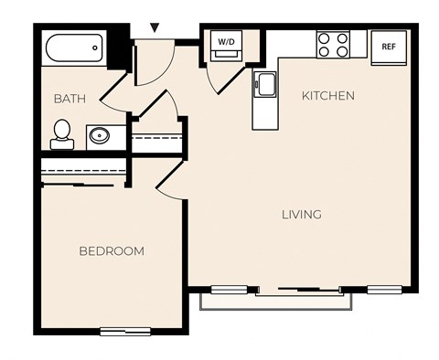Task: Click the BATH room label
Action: click(x=70, y=98)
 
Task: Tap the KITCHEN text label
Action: click(x=328, y=96)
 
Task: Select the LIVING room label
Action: click(x=301, y=215)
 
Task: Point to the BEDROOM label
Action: click(x=111, y=251)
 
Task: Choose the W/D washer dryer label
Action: click(x=226, y=40)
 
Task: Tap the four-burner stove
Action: click(x=333, y=45)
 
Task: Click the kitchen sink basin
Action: click(x=265, y=86)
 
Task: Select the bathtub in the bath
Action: click(x=74, y=49)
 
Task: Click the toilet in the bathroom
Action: click(x=63, y=134)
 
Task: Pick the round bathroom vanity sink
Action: click(x=99, y=137)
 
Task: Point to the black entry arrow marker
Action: click(x=155, y=28)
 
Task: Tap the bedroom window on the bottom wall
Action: click(x=125, y=331)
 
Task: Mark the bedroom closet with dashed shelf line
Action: click(x=80, y=172)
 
